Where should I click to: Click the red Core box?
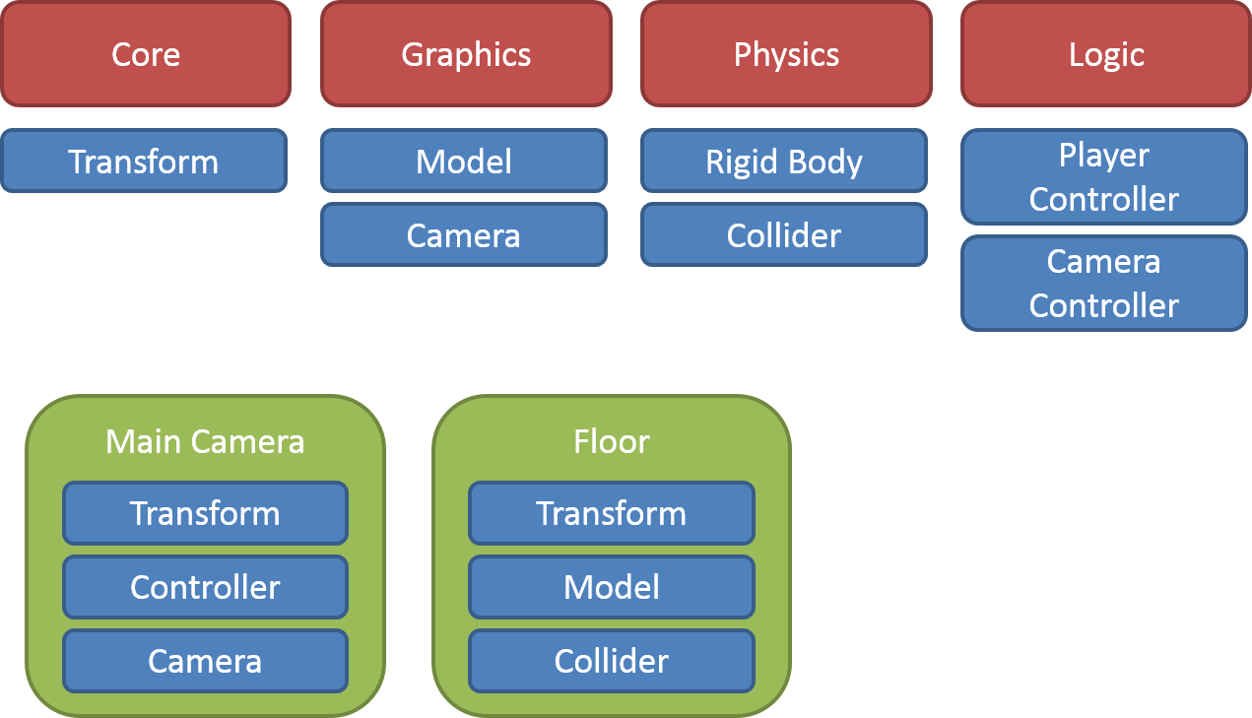pos(146,54)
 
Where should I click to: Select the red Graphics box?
pos(466,54)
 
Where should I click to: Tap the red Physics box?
pos(786,54)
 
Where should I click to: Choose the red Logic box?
pos(1106,54)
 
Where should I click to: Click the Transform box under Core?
pos(144,161)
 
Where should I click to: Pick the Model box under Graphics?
pos(464,161)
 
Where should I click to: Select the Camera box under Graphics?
pos(464,234)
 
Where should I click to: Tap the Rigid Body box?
pos(784,161)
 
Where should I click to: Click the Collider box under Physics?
pos(784,234)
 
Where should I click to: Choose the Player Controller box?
pos(1104,177)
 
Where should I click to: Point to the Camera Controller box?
pos(1104,284)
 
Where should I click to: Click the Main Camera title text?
pos(205,441)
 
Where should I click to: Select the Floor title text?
pos(612,441)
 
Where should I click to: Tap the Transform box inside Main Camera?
pos(205,513)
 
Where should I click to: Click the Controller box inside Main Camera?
pos(205,587)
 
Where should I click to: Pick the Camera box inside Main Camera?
pos(205,661)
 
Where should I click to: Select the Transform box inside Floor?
pos(612,513)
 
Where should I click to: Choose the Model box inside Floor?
pos(612,587)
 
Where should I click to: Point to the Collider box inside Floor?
pos(612,661)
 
